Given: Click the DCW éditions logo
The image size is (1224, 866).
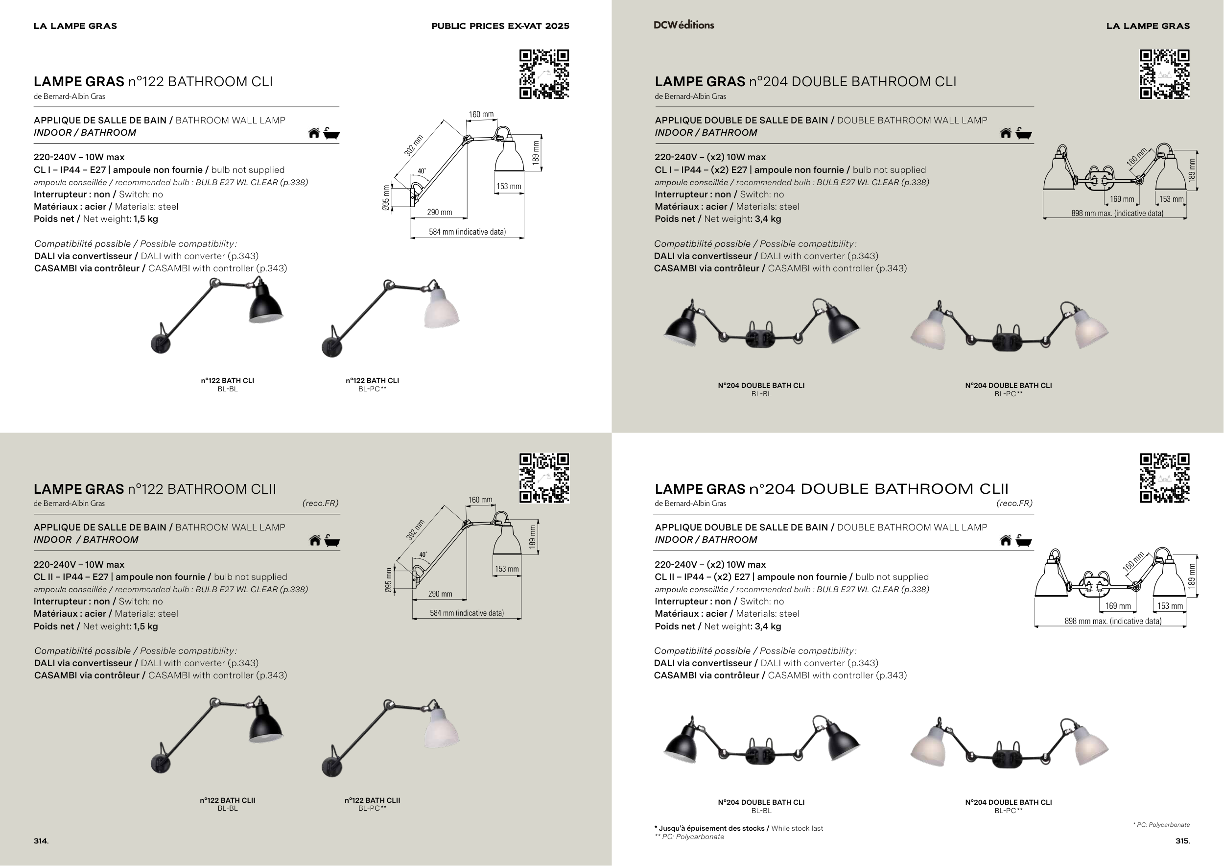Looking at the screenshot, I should click(683, 25).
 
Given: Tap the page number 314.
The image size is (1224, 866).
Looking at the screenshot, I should click(41, 841).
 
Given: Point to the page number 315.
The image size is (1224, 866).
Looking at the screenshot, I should click(1182, 841).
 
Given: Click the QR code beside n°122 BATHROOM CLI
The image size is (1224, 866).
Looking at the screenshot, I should click(544, 74).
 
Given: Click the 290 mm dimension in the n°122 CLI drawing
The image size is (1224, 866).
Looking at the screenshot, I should click(439, 212).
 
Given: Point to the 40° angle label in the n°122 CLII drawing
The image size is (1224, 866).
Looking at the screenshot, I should click(423, 554).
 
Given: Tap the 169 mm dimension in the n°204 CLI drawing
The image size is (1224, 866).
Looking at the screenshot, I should click(1122, 199).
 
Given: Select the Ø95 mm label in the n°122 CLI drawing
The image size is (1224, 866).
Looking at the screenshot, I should click(386, 198).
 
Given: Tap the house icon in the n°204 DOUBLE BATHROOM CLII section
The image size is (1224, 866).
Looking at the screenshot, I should click(1006, 540).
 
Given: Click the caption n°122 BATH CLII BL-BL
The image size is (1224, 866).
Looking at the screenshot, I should click(228, 804).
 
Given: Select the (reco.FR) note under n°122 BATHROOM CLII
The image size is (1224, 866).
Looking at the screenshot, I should click(320, 503).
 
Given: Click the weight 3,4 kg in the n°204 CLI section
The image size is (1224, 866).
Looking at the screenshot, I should click(768, 218).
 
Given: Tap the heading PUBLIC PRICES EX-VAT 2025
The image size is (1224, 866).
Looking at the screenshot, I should click(500, 25).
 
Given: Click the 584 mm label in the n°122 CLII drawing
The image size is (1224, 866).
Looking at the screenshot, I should click(467, 613).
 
